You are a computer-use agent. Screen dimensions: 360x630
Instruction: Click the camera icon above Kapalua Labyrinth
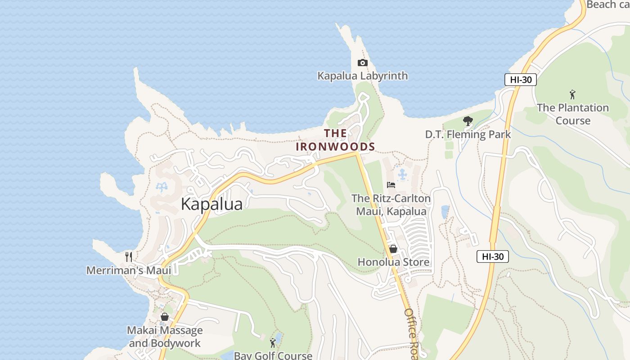(x=362, y=63)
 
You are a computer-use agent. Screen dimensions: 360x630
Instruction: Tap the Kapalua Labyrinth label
(x=363, y=76)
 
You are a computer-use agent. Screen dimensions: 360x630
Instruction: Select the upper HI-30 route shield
(x=520, y=80)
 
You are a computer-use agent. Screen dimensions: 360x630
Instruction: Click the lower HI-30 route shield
(x=493, y=256)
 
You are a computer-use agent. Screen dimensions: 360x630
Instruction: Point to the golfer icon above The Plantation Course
(x=572, y=94)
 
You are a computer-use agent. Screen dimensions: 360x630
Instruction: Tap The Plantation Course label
(x=572, y=114)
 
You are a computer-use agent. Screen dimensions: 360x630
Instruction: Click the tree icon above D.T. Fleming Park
(x=468, y=121)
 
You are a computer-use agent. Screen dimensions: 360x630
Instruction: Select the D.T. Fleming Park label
(x=468, y=134)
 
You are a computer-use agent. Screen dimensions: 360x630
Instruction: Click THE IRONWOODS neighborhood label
(x=335, y=139)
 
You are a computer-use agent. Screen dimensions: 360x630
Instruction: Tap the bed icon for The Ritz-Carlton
(x=391, y=184)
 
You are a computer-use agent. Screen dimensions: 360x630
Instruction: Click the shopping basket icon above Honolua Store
(x=393, y=249)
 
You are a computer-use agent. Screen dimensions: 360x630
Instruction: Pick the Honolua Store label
(x=393, y=262)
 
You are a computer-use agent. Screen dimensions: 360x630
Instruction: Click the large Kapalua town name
(x=211, y=204)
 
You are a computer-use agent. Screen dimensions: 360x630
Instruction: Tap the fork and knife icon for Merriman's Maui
(x=129, y=257)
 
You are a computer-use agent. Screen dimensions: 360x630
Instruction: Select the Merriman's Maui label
(x=129, y=270)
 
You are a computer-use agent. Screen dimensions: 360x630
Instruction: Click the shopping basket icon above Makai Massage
(x=165, y=317)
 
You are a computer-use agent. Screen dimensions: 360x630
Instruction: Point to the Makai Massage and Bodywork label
(x=165, y=337)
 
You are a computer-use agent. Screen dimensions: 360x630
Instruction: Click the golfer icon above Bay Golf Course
(x=273, y=343)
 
